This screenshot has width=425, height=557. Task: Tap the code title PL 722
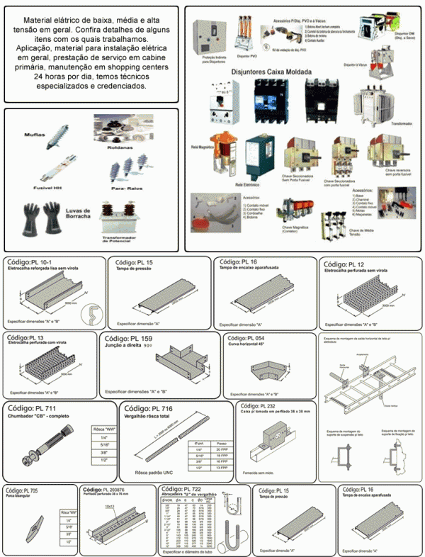[186, 490]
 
